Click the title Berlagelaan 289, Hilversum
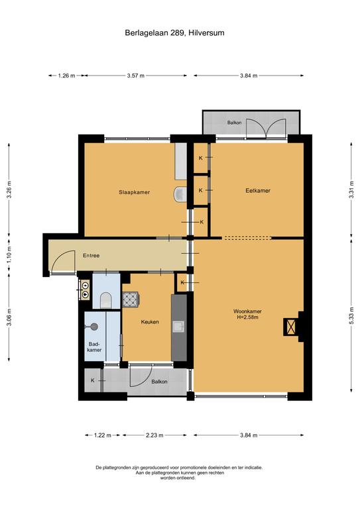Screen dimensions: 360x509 coord(174,32)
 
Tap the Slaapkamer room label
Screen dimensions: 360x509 coord(135,192)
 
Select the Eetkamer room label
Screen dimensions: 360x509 coord(258,191)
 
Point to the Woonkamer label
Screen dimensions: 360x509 coord(248,311)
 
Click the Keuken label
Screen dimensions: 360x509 coord(150,322)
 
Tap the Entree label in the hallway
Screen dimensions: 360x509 coord(91,255)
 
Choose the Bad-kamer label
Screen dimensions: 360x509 coord(94,347)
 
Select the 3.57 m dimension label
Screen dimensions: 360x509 coord(136,76)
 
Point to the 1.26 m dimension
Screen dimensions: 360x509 coord(66,76)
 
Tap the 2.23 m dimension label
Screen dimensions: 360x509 coord(154,435)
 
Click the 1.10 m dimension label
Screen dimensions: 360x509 coord(9,256)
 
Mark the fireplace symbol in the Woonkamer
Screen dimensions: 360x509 coord(290,327)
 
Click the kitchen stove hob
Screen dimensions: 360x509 coord(131,299)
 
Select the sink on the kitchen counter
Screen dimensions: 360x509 coord(178,327)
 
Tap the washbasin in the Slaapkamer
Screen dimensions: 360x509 coord(180,194)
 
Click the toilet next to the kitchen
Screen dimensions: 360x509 coord(106,300)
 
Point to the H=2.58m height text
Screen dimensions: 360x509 coord(248,317)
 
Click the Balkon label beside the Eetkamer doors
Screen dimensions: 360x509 coord(235,123)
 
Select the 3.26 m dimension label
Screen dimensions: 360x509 coord(9,190)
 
